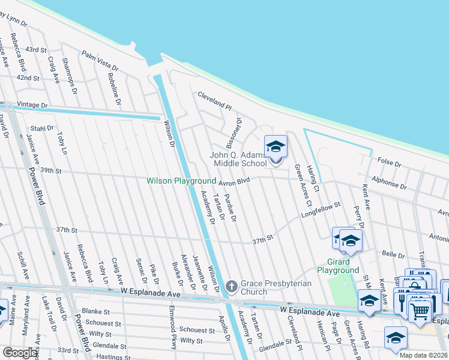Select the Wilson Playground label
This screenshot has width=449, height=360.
181,181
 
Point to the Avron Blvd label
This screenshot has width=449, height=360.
234,181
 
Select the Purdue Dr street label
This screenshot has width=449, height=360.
230,208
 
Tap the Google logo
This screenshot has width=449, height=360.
20,353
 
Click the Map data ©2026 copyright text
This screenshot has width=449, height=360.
424,355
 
